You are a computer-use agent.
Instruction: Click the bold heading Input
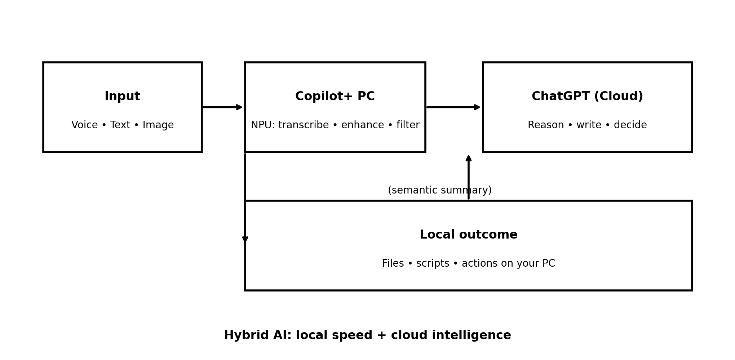122,97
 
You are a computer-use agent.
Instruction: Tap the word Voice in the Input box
84,125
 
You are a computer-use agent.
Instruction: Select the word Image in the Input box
158,125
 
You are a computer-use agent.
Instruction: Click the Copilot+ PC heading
335,97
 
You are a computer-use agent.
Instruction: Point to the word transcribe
303,125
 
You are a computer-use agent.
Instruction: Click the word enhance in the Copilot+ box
362,125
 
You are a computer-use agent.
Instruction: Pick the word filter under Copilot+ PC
408,125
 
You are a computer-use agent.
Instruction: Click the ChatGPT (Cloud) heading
587,97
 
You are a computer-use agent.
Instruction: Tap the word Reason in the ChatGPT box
545,125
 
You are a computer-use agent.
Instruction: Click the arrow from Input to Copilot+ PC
222,107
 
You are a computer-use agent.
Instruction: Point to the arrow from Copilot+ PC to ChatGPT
453,107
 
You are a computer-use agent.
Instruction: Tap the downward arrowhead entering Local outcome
245,239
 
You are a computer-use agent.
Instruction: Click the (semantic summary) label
439,190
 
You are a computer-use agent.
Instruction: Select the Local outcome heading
468,235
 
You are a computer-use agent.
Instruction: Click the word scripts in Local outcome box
433,263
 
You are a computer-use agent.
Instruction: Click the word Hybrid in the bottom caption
247,335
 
